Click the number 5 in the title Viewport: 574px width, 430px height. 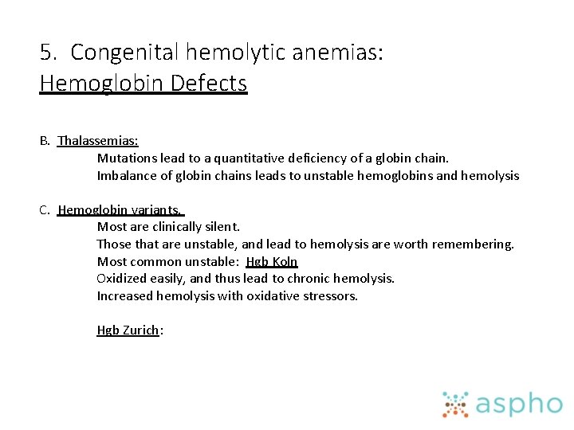click(47, 53)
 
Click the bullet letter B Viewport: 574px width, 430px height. click(45, 141)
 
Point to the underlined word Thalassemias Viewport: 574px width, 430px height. click(97, 141)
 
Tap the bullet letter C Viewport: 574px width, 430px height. click(45, 210)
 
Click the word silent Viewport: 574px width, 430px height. click(221, 227)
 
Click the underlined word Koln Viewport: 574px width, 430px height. click(285, 261)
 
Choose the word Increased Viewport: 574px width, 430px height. click(125, 295)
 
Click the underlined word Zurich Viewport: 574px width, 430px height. click(140, 330)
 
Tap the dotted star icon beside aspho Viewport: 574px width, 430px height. click(455, 404)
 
